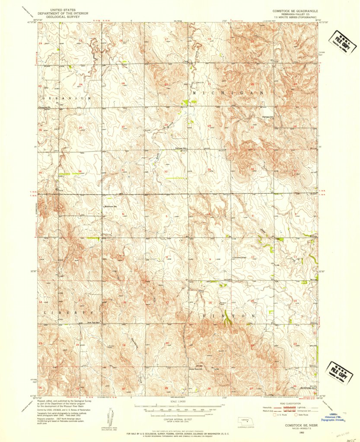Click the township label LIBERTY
tap(69, 312)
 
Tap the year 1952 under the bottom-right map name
tap(301, 431)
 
